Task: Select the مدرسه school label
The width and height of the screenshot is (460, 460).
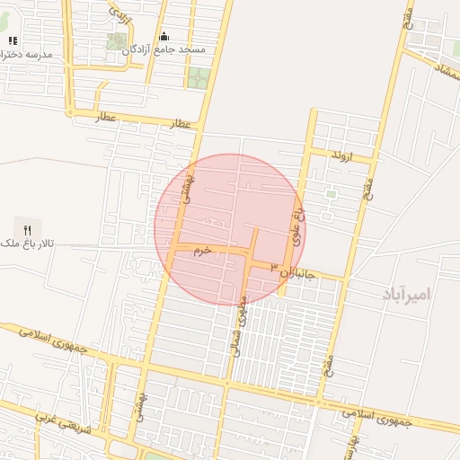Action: pyautogui.click(x=27, y=54)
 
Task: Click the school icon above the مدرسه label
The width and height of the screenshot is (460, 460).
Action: pyautogui.click(x=13, y=40)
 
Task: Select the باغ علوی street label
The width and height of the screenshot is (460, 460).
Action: pyautogui.click(x=299, y=225)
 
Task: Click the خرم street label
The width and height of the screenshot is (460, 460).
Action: pyautogui.click(x=201, y=251)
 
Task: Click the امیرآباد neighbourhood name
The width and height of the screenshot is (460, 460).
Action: pyautogui.click(x=406, y=294)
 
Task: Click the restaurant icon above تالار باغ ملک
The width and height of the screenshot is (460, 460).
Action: pyautogui.click(x=26, y=229)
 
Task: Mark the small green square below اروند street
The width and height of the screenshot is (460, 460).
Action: pyautogui.click(x=330, y=193)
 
